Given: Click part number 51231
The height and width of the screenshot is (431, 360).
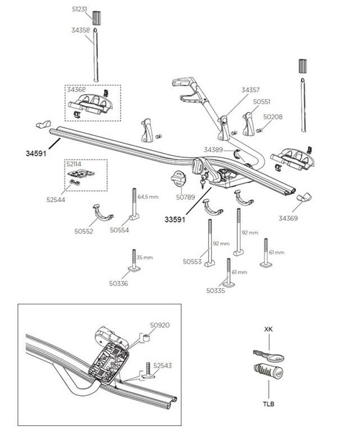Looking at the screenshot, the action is [80, 9].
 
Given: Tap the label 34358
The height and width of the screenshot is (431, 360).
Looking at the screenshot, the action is [80, 30].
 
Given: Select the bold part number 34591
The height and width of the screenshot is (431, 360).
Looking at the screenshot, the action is [36, 154].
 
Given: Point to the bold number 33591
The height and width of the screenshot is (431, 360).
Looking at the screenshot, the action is [175, 220].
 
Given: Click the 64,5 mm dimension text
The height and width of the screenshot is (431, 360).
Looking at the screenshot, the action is [148, 197].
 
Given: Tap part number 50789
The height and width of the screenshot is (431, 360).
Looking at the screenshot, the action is [185, 197].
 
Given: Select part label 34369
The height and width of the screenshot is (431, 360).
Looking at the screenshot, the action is [288, 218].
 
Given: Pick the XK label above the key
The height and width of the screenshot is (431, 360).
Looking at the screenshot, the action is [269, 329].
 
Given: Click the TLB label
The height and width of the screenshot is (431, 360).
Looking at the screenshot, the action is [269, 404].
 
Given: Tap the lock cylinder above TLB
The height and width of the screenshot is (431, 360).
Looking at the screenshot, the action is [269, 371].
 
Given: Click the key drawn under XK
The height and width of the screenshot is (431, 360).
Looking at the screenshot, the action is [268, 355].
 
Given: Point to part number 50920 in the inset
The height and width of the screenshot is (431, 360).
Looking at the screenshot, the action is [160, 325].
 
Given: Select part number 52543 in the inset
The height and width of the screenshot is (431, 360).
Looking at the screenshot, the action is [162, 366].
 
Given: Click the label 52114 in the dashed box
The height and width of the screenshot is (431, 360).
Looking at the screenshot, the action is [74, 164].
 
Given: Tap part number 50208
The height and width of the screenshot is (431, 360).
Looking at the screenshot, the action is [273, 117].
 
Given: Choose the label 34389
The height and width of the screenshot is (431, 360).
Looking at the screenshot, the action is [213, 150].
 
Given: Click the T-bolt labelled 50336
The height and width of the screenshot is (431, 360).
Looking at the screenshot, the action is [134, 261].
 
